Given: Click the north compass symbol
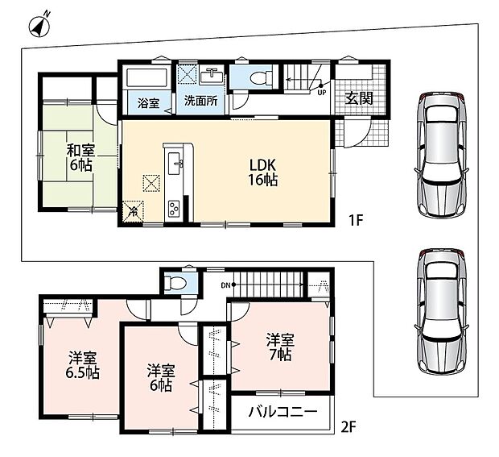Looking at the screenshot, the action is tap(39, 26).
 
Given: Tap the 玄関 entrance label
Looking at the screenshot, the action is tap(359, 98).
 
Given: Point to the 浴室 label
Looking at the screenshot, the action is tap(148, 103).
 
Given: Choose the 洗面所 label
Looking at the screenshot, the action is tap(201, 101).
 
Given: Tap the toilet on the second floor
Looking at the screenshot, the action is tap(174, 283).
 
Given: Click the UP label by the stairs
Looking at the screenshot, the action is tap(322, 93).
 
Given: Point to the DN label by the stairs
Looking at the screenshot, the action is tap(225, 285).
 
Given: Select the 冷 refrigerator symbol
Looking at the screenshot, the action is tap(134, 211).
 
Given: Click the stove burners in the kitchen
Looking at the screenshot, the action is tap(174, 208).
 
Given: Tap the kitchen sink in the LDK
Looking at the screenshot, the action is tap(175, 163).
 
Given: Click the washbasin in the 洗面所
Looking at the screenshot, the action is tap(212, 77).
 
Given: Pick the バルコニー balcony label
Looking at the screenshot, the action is tap(283, 412).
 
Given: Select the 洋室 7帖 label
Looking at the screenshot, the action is tap(280, 347).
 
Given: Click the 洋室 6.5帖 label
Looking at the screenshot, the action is tap(83, 366).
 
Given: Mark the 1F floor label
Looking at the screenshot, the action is tap(356, 220).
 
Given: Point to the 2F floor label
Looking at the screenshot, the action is tap(348, 427).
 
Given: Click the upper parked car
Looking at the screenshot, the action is tap(442, 154).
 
